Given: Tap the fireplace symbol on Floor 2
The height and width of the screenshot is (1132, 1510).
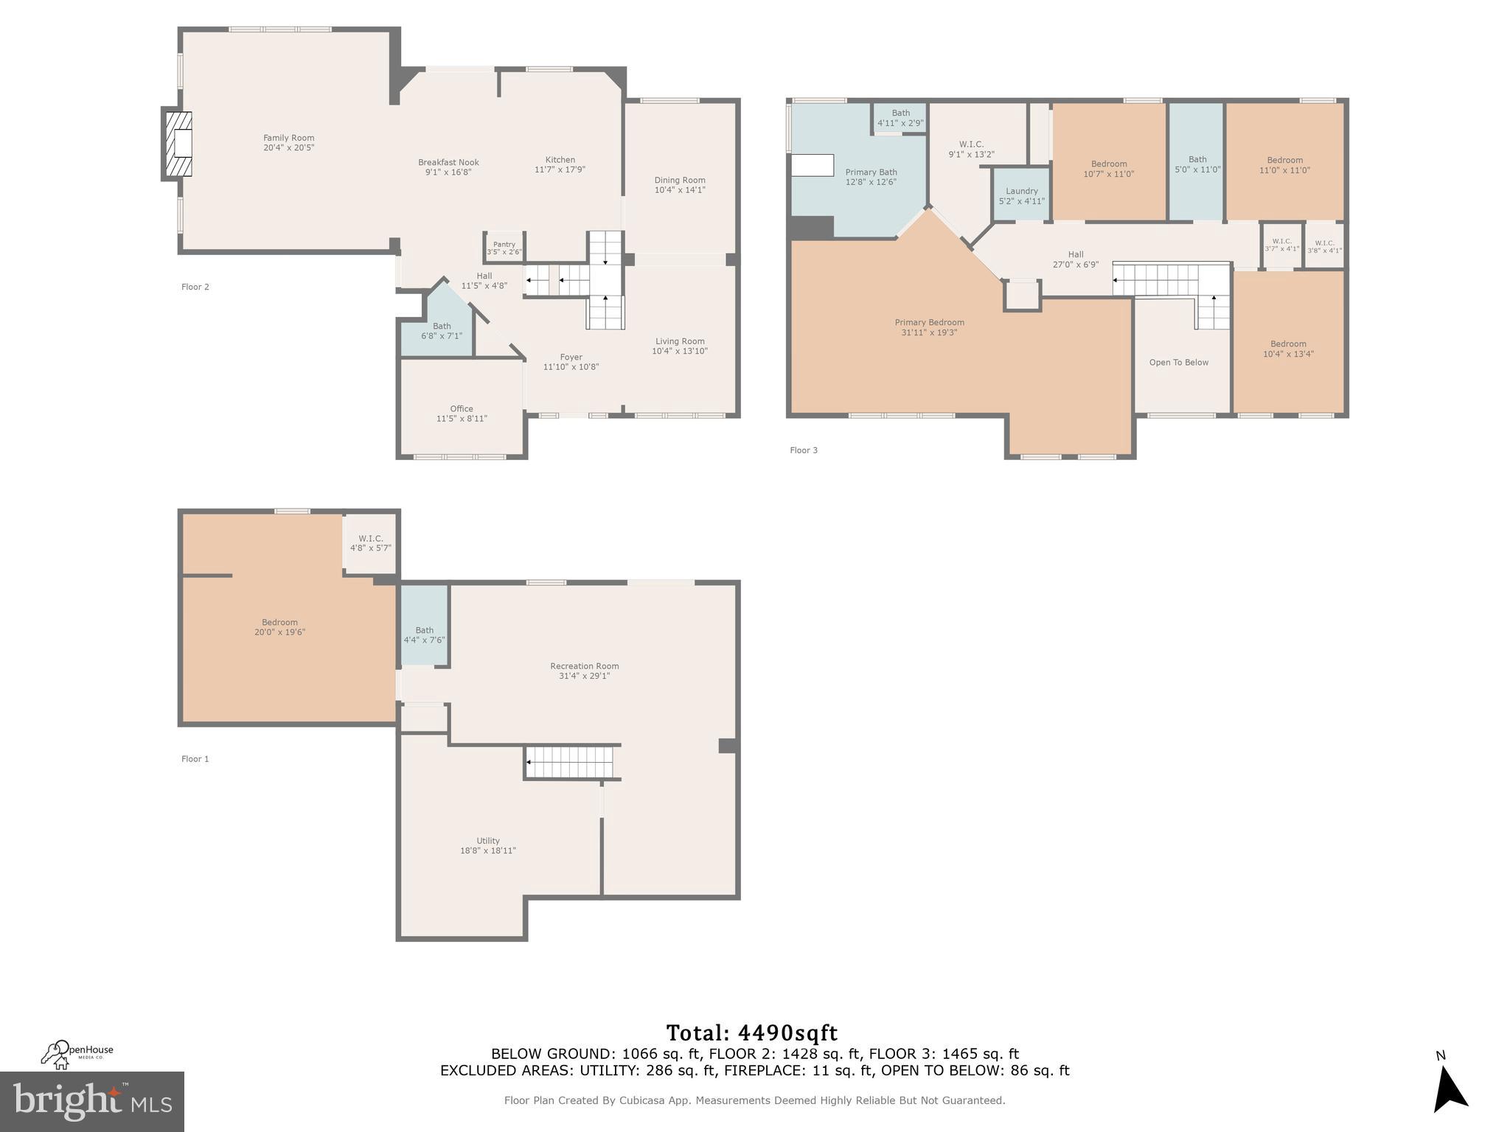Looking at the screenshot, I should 178,144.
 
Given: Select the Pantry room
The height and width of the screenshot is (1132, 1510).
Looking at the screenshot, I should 504,248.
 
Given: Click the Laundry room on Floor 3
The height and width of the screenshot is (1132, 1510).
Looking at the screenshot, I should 1021,195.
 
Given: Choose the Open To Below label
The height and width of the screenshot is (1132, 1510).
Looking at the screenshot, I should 1178,363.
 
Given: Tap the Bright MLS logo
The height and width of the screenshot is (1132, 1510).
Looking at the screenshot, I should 92,1101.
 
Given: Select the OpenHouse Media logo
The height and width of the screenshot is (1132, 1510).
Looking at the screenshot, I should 77,1054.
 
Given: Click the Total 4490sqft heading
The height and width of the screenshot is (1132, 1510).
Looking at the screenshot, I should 751,1033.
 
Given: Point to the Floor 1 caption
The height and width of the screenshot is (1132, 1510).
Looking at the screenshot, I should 195,759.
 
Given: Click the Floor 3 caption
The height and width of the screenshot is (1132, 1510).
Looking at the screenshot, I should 804,450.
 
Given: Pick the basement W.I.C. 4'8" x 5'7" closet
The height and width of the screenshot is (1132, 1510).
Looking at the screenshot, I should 370,543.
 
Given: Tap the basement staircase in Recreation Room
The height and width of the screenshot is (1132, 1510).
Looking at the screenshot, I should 570,762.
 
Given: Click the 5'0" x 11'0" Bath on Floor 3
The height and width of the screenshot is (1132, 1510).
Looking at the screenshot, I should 1197,164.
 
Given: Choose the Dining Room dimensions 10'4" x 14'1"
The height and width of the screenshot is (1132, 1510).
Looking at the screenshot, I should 680,190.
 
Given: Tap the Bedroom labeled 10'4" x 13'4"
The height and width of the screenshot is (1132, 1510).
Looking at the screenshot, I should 1288,349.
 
